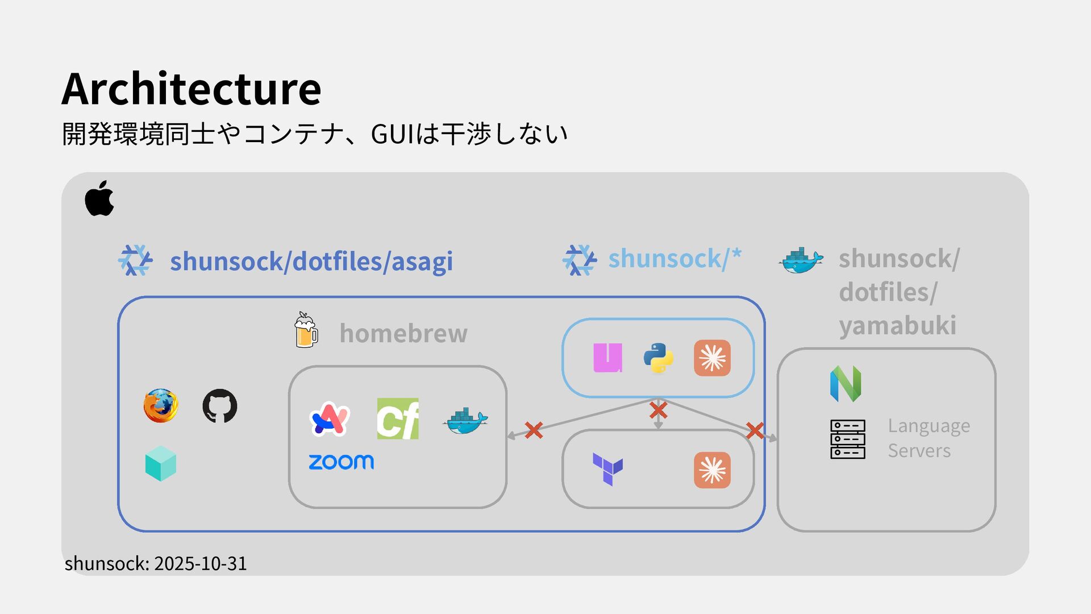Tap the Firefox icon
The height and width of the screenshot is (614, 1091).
tap(160, 406)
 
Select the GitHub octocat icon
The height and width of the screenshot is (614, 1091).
tap(220, 406)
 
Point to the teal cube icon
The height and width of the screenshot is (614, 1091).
tap(161, 463)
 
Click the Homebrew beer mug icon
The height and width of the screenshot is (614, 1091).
tap(306, 330)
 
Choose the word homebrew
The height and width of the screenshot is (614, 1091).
tap(403, 333)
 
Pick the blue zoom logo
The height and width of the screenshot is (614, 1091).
tap(341, 462)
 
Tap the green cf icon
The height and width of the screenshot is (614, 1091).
tap(398, 419)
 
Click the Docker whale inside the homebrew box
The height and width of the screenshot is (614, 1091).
tap(465, 421)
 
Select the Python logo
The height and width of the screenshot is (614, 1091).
tap(659, 358)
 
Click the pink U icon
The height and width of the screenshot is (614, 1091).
tap(607, 358)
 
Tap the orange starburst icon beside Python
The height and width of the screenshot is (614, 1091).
tap(712, 358)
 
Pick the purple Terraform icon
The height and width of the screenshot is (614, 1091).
tap(607, 469)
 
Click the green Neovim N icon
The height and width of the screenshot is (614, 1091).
tap(846, 384)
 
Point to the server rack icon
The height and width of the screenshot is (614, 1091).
tap(848, 439)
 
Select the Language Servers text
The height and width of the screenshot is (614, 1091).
tap(928, 438)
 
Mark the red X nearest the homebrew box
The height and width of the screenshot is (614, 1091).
tap(534, 430)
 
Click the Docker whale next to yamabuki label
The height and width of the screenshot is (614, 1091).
tap(801, 260)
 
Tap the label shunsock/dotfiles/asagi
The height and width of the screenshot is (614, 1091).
tap(311, 262)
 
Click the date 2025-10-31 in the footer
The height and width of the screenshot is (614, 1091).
tap(201, 563)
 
